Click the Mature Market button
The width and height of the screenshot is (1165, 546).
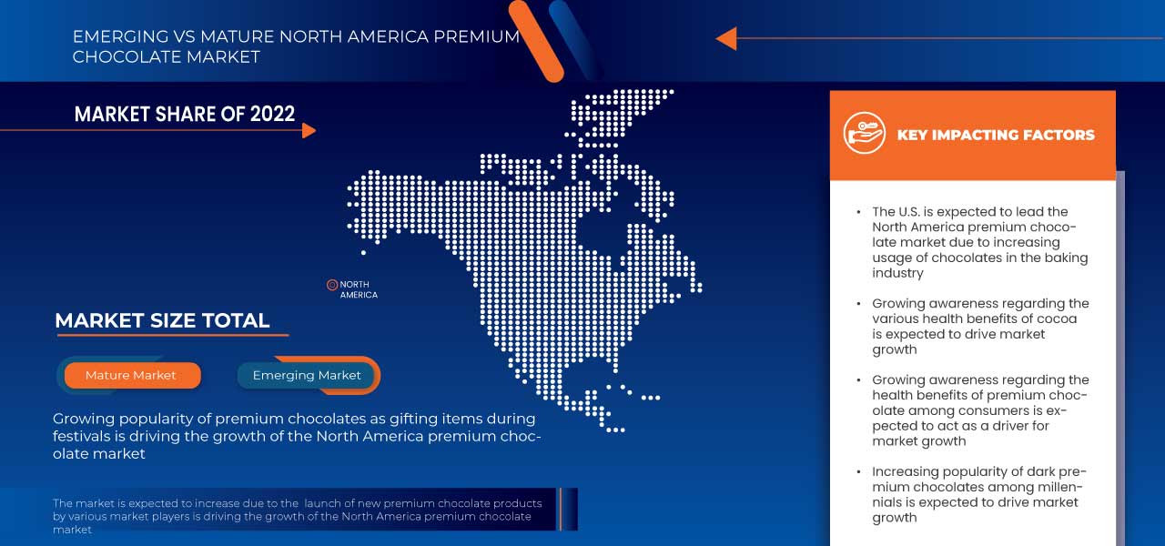131,375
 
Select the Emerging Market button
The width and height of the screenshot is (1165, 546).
307,375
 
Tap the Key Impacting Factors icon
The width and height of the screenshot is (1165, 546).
864,133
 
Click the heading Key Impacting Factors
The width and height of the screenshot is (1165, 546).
996,135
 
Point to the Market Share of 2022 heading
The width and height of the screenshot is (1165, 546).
185,114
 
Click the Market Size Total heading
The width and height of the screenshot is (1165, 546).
162,320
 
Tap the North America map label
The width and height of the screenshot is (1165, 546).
359,289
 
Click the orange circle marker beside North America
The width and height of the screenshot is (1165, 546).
332,285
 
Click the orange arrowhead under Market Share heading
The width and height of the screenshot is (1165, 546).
309,130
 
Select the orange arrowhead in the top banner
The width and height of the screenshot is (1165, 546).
725,38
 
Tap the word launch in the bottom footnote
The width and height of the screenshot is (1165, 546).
325,503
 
